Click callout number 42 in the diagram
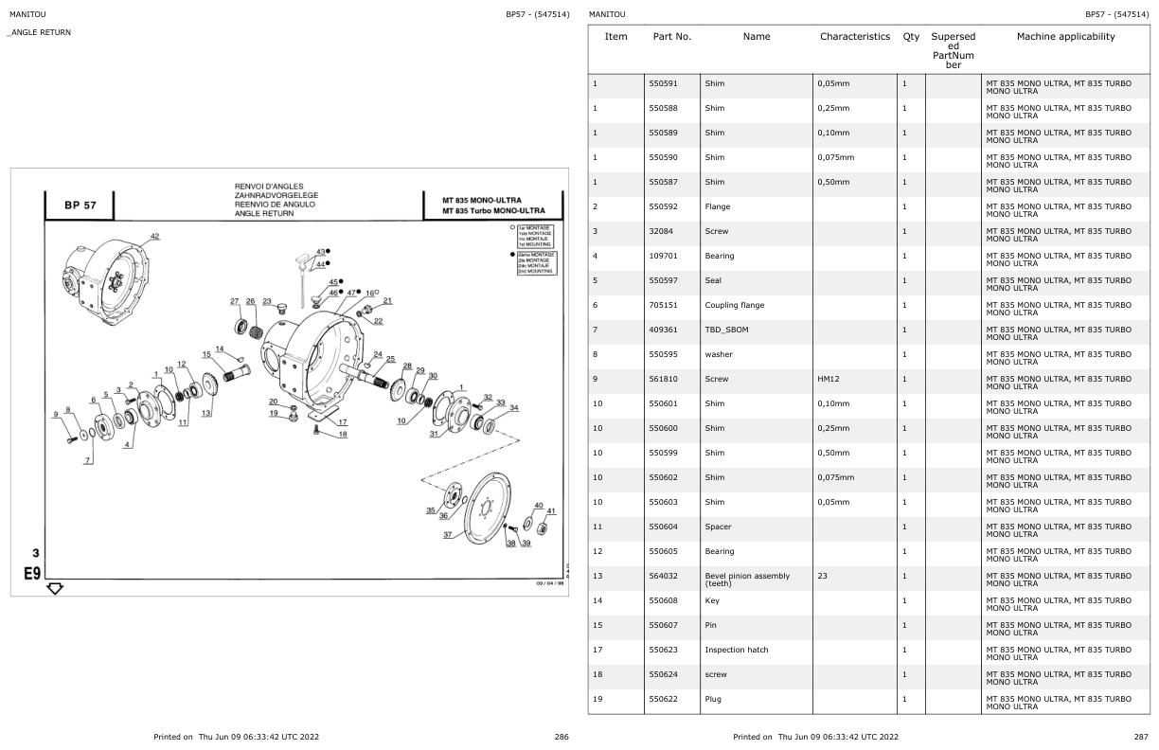154,236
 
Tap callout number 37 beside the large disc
447,535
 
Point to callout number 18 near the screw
342,435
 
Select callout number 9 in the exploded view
56,413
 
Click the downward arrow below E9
55,588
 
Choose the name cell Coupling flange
734,305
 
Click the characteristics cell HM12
829,379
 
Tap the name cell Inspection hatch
736,650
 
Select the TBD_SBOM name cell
725,330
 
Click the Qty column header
911,37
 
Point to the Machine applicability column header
1065,37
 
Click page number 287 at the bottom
1140,736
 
